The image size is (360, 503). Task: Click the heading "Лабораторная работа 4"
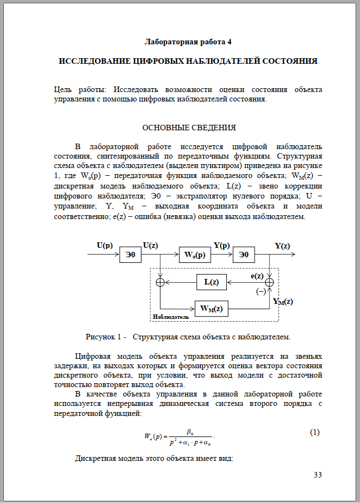(x=188, y=42)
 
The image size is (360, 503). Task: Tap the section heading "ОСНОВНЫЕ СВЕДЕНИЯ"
(x=189, y=128)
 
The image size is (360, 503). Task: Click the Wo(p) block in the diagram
(x=195, y=255)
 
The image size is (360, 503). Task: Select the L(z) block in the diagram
(x=211, y=282)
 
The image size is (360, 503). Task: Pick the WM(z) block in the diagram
(x=211, y=308)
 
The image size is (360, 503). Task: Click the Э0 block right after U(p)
(x=131, y=255)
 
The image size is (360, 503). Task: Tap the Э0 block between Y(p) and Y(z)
(x=247, y=255)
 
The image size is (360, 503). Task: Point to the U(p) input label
(x=105, y=245)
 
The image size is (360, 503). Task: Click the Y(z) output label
(x=282, y=246)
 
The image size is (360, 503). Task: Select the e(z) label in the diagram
(x=257, y=275)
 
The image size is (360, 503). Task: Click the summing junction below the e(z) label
(x=270, y=282)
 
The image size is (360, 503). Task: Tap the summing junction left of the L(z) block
(x=160, y=282)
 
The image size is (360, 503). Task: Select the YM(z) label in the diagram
(x=283, y=302)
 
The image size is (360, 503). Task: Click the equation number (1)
(x=315, y=433)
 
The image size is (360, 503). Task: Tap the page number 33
(x=318, y=475)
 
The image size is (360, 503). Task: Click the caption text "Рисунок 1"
(x=103, y=337)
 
